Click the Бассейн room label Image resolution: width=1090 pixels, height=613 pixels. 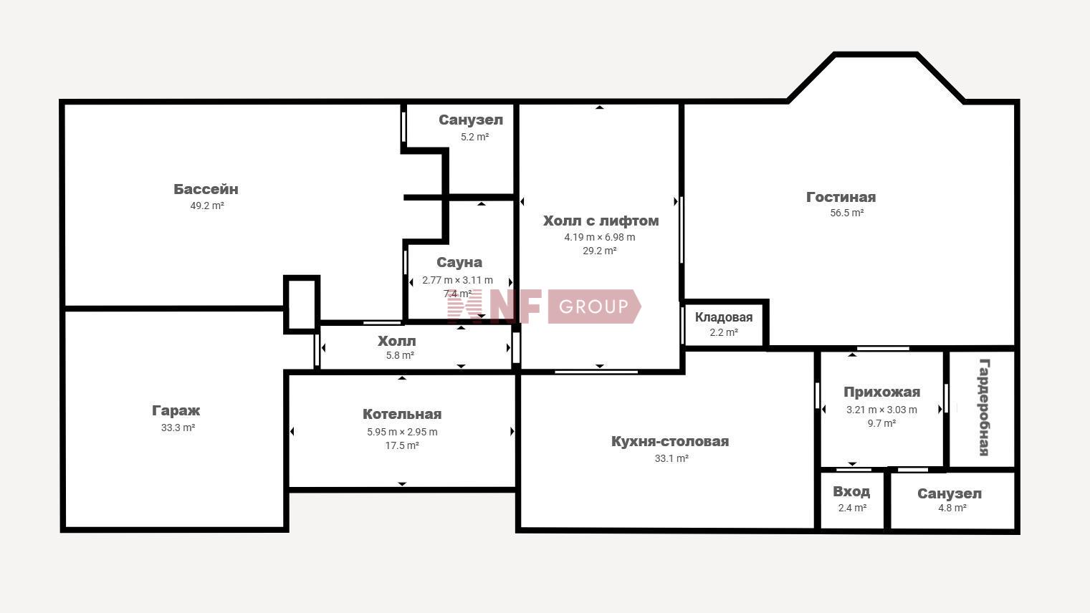pyautogui.click(x=206, y=189)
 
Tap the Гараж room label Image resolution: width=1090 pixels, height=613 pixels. pyautogui.click(x=176, y=411)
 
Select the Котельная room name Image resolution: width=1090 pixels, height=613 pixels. pyautogui.click(x=402, y=414)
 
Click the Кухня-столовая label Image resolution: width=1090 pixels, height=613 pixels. pyautogui.click(x=670, y=441)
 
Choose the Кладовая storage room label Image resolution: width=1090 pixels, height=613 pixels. pyautogui.click(x=724, y=317)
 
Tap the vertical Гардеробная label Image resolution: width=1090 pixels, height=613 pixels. pyautogui.click(x=984, y=407)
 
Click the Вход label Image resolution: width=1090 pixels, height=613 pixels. pyautogui.click(x=851, y=491)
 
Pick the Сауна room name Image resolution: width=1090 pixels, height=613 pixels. pyautogui.click(x=459, y=263)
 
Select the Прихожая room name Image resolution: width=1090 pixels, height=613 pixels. pyautogui.click(x=881, y=392)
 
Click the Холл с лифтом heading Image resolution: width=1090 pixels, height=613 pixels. pyautogui.click(x=601, y=221)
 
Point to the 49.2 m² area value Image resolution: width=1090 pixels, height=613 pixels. pyautogui.click(x=207, y=206)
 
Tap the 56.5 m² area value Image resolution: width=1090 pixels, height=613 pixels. pyautogui.click(x=846, y=213)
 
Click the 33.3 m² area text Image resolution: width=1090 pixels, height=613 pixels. pyautogui.click(x=178, y=428)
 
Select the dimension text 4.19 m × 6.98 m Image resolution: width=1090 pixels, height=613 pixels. pyautogui.click(x=600, y=237)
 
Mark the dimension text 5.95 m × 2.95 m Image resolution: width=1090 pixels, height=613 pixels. pyautogui.click(x=402, y=432)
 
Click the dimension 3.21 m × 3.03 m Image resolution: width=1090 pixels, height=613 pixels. pyautogui.click(x=881, y=410)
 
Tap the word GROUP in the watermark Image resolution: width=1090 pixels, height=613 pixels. pyautogui.click(x=593, y=306)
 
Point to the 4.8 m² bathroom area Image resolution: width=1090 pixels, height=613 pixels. pyautogui.click(x=952, y=508)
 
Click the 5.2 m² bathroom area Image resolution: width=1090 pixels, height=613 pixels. pyautogui.click(x=474, y=137)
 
